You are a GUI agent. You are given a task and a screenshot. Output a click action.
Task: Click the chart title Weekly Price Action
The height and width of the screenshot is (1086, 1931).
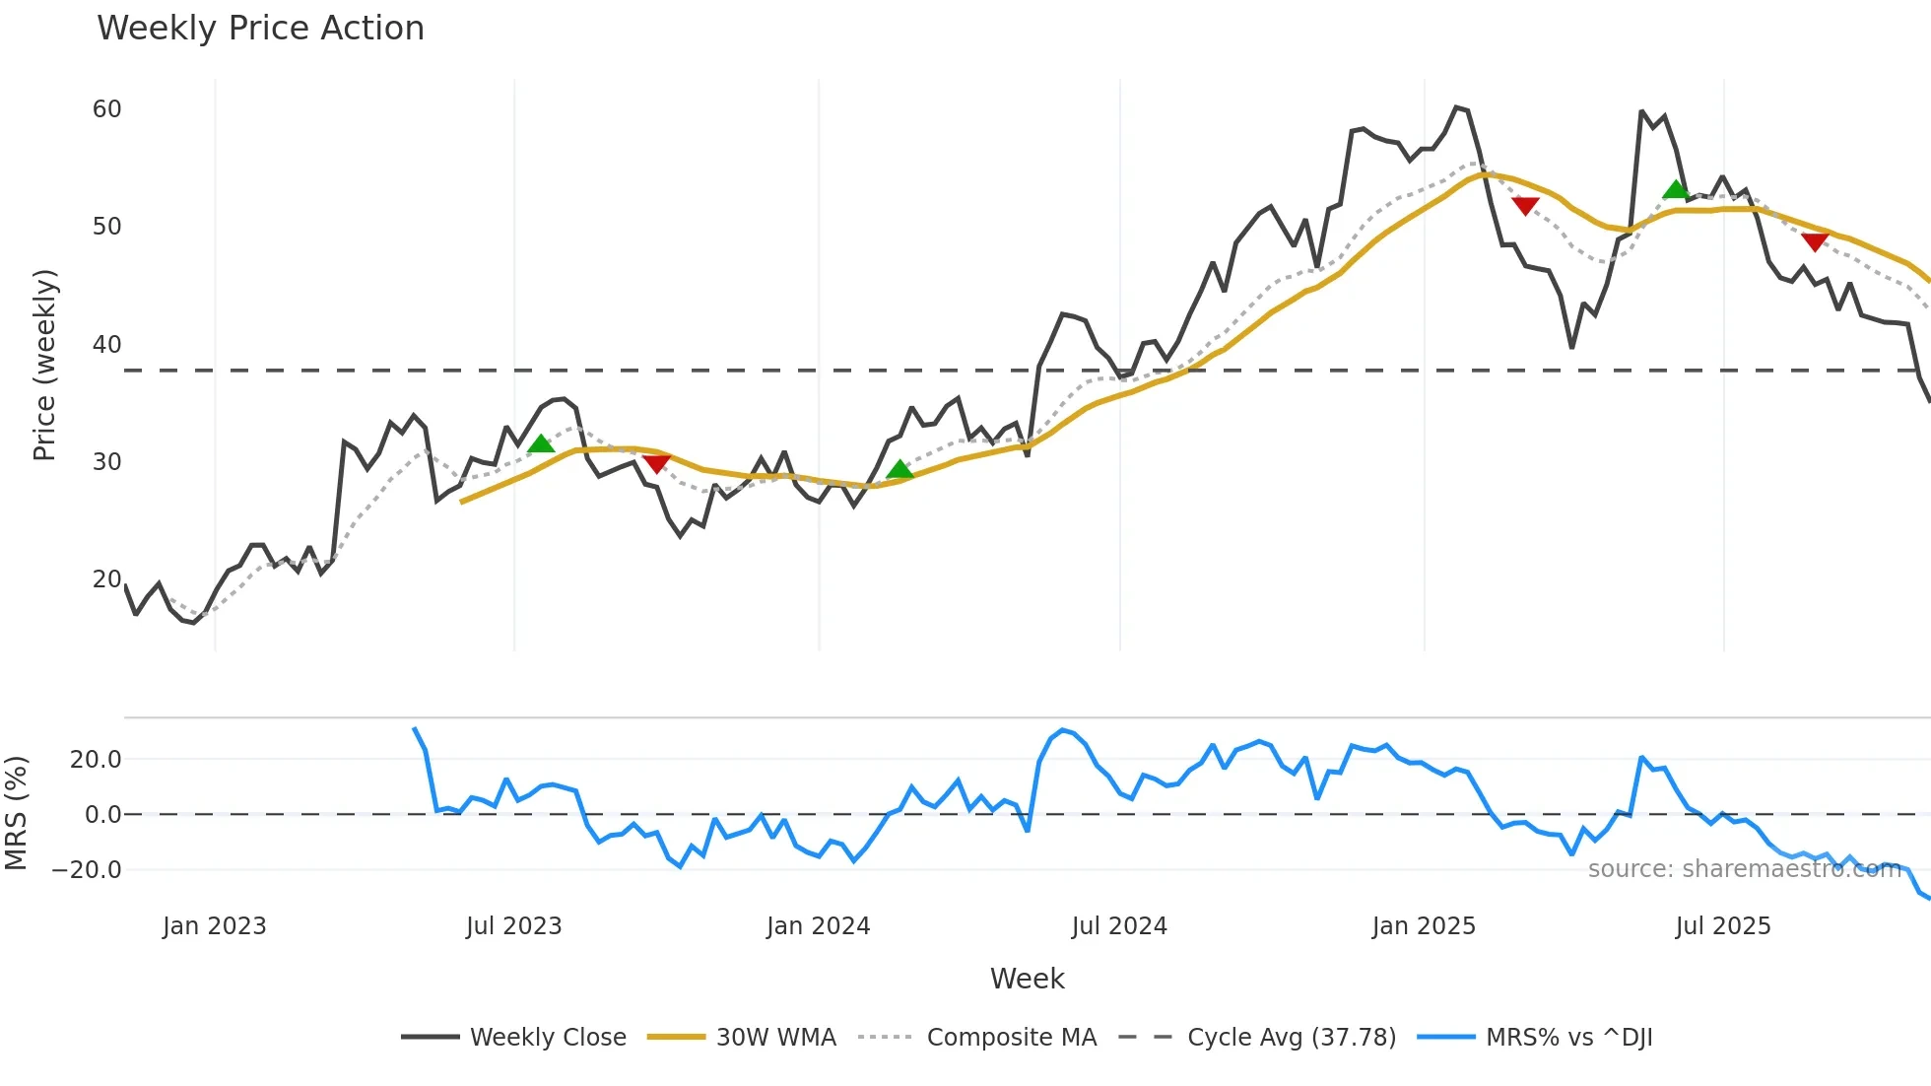260,29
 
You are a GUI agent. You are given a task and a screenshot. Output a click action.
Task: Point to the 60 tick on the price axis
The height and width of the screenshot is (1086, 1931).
106,109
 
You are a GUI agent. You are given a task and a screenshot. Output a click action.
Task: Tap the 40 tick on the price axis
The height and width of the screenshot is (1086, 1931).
106,345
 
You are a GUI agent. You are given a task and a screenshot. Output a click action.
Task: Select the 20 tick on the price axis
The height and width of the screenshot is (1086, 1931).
106,579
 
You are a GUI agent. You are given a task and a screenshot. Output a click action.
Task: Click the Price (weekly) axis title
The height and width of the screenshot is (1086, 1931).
45,366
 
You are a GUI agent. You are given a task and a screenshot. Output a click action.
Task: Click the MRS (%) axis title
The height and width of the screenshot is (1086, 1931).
17,813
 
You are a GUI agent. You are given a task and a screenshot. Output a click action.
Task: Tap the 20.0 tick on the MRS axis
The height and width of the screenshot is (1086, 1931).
96,760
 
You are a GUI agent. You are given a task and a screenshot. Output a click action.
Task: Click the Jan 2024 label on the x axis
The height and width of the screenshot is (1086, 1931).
818,926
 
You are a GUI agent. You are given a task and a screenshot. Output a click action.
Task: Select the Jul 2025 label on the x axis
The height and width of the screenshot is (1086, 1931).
1722,926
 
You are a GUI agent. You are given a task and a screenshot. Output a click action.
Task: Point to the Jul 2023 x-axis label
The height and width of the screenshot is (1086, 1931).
513,926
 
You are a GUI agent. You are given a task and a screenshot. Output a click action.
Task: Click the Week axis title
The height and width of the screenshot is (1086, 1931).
1027,979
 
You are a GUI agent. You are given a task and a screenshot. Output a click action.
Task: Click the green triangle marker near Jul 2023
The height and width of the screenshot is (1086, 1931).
541,444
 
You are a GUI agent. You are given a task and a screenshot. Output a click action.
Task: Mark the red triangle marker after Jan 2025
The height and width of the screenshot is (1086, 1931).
1525,206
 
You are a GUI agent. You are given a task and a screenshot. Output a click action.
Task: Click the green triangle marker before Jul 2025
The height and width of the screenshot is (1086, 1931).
1675,189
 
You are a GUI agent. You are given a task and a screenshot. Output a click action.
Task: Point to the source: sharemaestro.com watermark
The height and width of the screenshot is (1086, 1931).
1744,869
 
